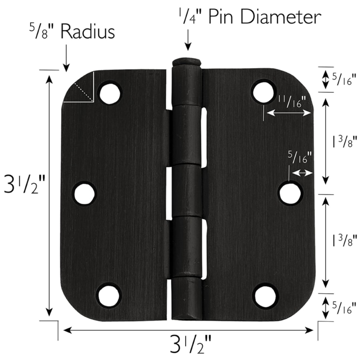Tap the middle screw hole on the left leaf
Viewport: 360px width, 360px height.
84,193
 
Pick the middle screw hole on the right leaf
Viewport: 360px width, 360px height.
290,193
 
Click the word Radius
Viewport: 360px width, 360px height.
88,32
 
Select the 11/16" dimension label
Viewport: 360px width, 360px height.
292,102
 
